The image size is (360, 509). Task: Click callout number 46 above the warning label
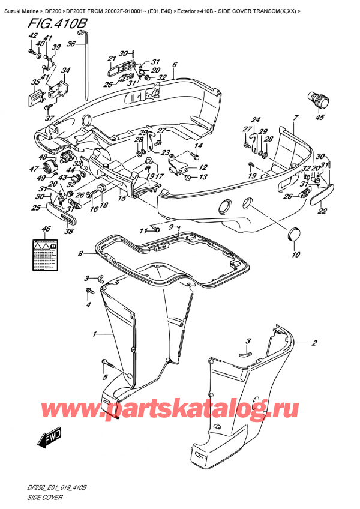[46, 230]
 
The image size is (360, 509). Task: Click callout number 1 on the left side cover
[94, 333]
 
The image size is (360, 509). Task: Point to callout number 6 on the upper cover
[174, 65]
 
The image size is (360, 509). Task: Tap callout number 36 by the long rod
[71, 43]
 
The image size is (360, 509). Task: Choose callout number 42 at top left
[29, 37]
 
